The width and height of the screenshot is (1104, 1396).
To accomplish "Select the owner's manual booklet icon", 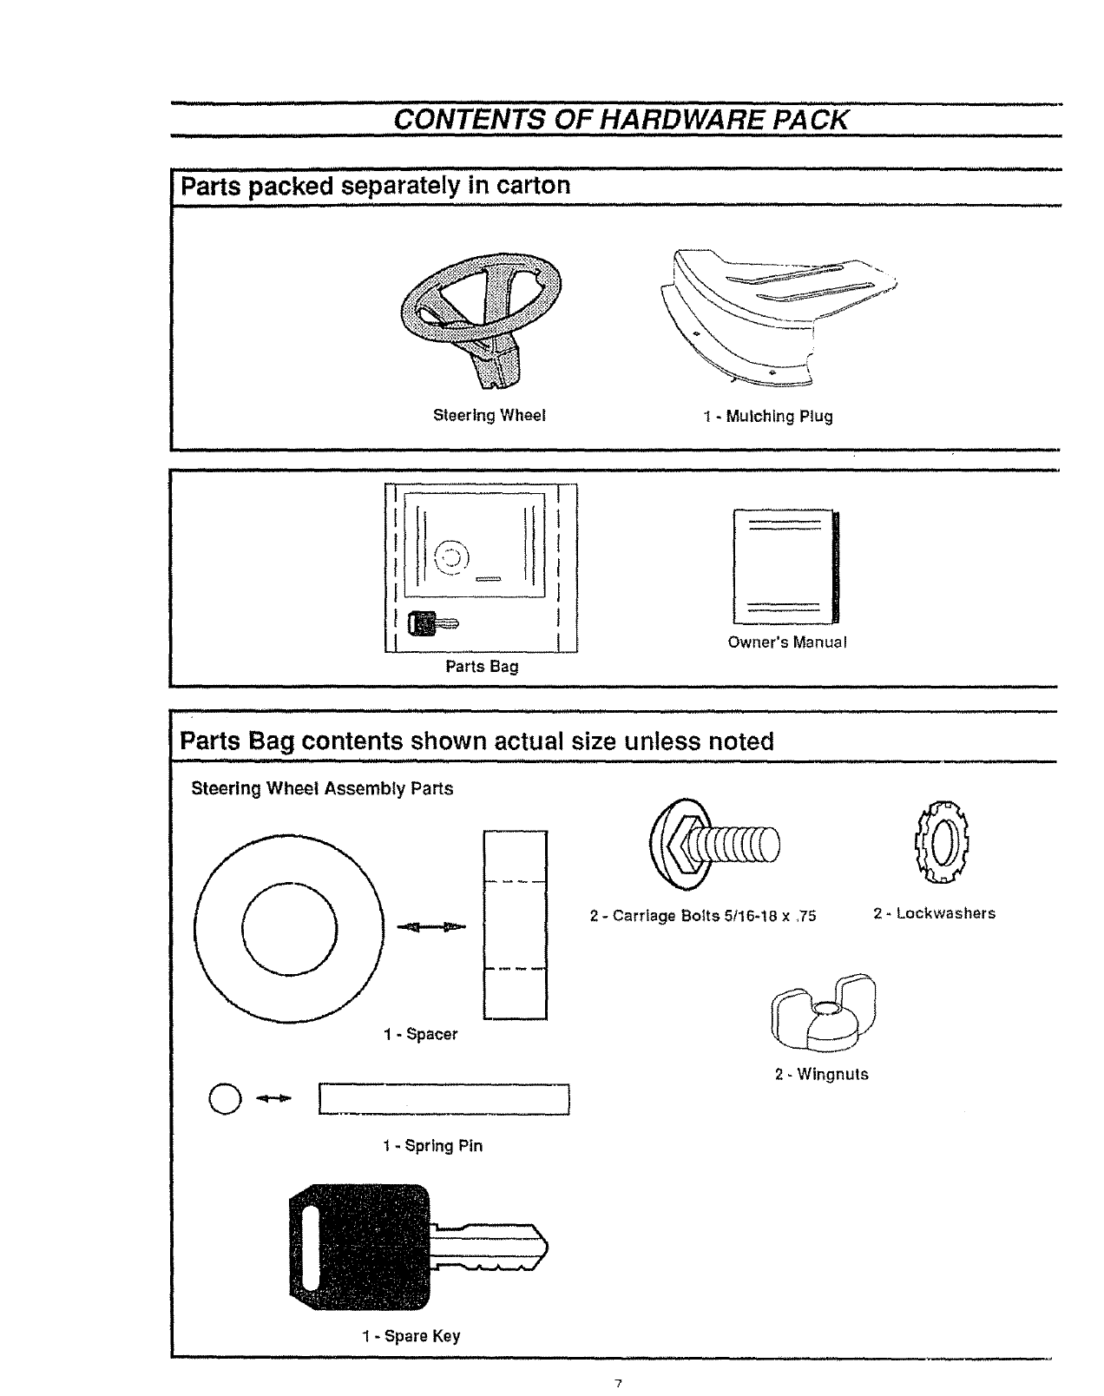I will click(786, 567).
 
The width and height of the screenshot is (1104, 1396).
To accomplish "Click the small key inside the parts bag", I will click(434, 622).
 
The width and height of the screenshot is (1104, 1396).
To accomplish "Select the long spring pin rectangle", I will click(444, 1098).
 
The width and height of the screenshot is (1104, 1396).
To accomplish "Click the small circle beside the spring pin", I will click(222, 1098).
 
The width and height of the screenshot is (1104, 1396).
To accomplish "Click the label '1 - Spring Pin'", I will click(432, 1146).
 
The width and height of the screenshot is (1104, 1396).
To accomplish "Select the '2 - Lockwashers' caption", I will click(934, 913).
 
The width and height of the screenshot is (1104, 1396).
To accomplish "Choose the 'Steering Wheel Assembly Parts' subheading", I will click(322, 789).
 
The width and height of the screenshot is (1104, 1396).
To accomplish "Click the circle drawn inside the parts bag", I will click(450, 556).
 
